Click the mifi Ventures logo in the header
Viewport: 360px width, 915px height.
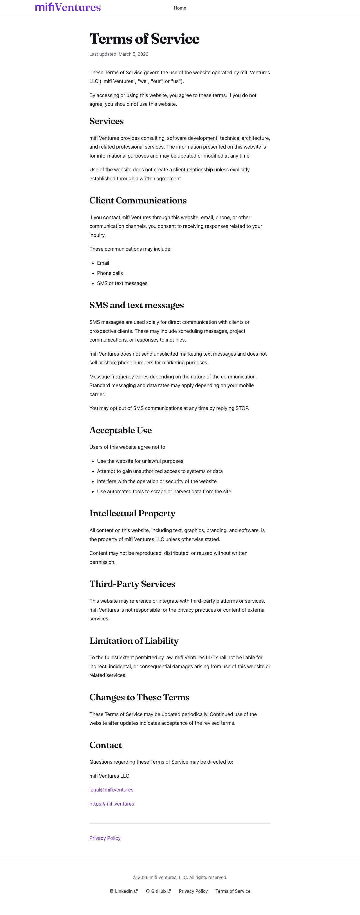point(68,7)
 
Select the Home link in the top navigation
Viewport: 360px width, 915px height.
point(180,8)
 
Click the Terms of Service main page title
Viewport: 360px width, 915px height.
point(144,39)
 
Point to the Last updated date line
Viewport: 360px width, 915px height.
point(119,54)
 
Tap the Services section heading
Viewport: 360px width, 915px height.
point(107,121)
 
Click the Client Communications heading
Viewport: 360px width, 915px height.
point(138,200)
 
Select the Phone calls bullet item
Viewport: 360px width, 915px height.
point(110,273)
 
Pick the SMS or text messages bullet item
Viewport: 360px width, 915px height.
point(122,283)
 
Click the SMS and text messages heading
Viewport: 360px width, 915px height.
point(136,305)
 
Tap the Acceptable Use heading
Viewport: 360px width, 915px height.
point(120,430)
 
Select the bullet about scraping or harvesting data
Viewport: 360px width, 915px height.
point(164,491)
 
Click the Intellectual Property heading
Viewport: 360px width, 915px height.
point(132,513)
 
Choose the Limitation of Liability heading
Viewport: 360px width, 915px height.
point(134,640)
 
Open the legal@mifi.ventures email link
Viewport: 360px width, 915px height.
point(111,790)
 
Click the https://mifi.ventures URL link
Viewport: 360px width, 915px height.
point(111,804)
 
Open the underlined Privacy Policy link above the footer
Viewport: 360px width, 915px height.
point(105,838)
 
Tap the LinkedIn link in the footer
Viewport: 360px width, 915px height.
point(123,891)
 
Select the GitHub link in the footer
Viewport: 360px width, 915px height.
point(158,891)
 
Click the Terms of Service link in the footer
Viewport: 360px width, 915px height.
point(233,891)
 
